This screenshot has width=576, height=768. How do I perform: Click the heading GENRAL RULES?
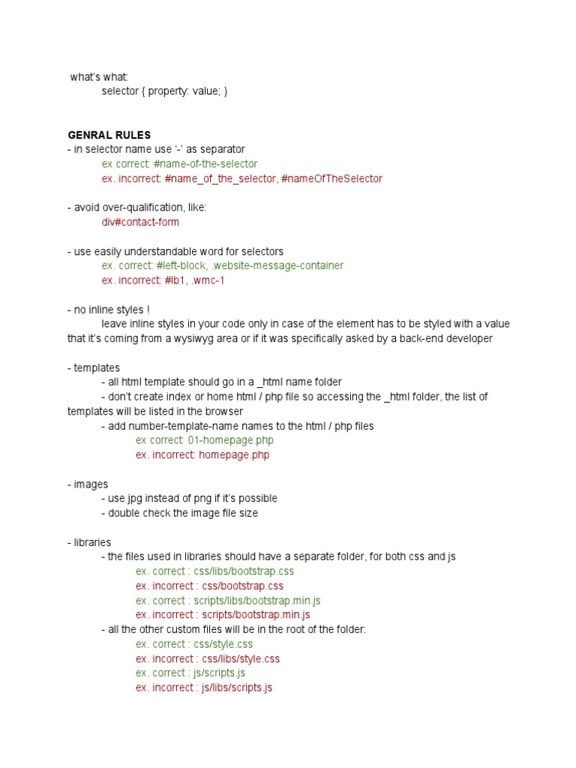(109, 135)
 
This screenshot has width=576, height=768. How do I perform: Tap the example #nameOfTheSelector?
(331, 178)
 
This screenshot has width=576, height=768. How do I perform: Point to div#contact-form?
(140, 222)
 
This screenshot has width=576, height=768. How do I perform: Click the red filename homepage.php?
(234, 454)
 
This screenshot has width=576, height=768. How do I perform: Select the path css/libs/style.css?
(241, 658)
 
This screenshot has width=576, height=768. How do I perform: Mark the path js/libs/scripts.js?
(236, 687)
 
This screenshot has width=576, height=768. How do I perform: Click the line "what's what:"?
(99, 76)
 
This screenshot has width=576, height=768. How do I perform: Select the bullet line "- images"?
(88, 484)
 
